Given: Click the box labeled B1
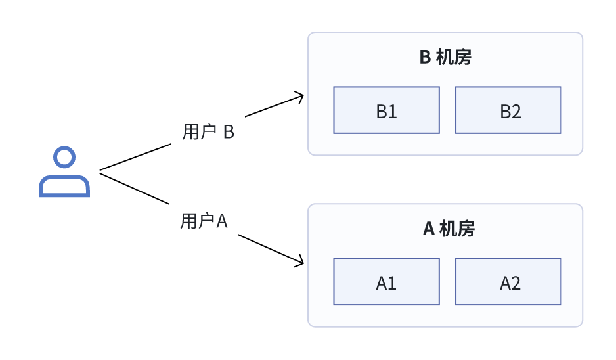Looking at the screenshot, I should pos(386,110).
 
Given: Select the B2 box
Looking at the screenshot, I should pos(508,110).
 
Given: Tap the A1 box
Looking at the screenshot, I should pos(386,282).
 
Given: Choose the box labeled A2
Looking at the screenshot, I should pos(508,282).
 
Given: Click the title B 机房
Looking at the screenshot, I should pos(445,58).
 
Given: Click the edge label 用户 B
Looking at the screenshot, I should pos(208,132).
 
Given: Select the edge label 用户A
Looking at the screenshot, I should pos(204,221).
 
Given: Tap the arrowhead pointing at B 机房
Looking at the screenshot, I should pos(301,97).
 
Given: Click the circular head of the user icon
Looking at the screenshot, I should pos(64,158).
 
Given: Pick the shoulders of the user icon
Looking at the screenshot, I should pos(64,187).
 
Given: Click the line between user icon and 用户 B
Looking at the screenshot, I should pos(135,158).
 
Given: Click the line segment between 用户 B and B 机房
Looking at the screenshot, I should pos(273,106).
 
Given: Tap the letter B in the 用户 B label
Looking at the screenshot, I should pos(229,132).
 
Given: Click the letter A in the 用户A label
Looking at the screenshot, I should pos(222,221).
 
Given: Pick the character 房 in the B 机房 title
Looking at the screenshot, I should pos(463,58).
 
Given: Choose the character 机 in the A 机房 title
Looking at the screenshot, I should pos(449,229).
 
